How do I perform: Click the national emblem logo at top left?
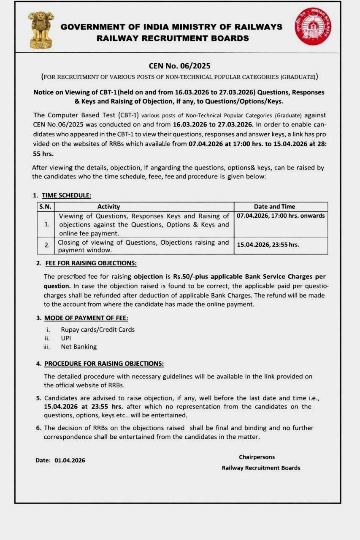(41, 29)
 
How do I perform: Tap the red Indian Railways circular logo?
(313, 26)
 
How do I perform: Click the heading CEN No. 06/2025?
(179, 66)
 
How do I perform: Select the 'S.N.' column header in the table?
(45, 206)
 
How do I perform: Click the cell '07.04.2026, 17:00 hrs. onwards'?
(281, 216)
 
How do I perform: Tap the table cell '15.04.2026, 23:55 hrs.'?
(268, 245)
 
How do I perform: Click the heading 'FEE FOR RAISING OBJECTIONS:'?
(90, 263)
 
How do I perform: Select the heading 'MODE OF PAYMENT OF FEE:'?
(86, 318)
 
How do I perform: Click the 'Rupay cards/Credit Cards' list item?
(97, 329)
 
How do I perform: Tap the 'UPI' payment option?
(66, 338)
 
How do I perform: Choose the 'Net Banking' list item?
(78, 347)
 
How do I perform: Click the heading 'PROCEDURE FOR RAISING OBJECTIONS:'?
(104, 363)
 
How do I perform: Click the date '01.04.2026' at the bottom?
(70, 460)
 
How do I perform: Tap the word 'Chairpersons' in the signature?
(257, 457)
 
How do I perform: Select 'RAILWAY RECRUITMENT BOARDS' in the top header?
(173, 38)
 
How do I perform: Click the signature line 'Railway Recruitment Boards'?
(261, 468)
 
